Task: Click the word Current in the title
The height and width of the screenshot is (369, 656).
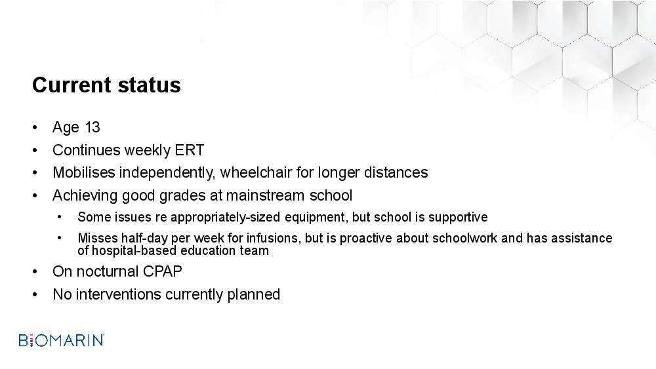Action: pos(72,85)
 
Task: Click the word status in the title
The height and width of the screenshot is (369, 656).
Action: pos(150,85)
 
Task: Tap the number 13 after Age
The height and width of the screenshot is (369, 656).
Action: pos(92,127)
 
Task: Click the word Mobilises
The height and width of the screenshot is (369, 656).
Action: pos(84,172)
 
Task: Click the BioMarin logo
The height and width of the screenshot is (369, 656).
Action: pos(62,340)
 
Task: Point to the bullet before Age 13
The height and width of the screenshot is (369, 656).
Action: pos(35,127)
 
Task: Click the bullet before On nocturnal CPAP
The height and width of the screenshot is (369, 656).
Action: pos(35,272)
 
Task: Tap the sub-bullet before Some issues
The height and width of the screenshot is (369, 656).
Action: pos(60,218)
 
